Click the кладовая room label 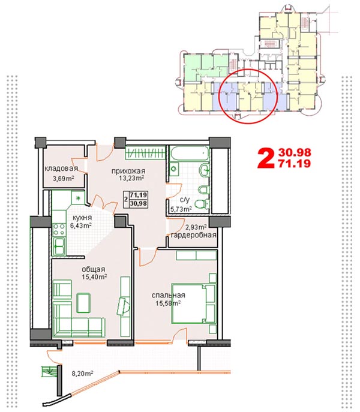point(61,169)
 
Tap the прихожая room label point(128,171)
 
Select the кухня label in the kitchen point(82,218)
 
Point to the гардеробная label point(194,235)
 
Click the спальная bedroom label point(168,295)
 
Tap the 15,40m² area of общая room point(94,276)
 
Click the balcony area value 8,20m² point(83,373)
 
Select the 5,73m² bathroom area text point(181,209)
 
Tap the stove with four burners point(59,229)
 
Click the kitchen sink point(59,246)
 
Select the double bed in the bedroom point(194,303)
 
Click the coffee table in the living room point(83,303)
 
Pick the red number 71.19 point(295,164)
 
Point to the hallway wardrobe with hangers point(145,152)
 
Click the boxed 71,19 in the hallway point(139,196)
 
